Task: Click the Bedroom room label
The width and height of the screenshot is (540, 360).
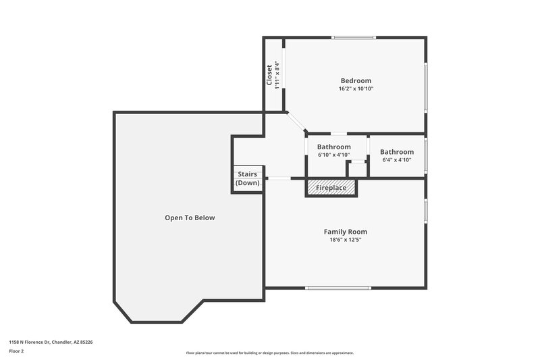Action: pos(355,80)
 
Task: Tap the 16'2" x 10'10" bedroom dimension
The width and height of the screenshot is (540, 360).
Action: pos(355,88)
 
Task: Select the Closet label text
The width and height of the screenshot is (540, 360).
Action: pos(269,74)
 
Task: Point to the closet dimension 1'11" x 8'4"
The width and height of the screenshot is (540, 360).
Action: pos(276,74)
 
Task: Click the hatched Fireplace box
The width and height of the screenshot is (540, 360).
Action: pos(331,187)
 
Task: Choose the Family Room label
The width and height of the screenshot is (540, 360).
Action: pos(346,232)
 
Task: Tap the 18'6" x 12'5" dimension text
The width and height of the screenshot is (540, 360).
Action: pos(346,240)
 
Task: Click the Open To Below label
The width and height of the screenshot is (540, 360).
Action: pos(190,217)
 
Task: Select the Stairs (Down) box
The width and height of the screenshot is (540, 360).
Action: pos(247,179)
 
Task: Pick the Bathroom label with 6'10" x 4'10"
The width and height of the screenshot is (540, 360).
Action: pos(334,147)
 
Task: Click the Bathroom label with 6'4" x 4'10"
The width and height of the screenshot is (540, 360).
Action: pos(397,152)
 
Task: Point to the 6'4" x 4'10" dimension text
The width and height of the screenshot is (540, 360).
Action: pos(397,160)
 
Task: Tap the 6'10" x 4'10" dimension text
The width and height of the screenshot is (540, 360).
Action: pos(334,155)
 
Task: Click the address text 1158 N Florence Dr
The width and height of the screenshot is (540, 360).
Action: pos(51,342)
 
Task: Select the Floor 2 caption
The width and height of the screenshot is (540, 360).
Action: pos(16,351)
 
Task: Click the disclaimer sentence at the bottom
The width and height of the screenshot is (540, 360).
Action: pos(270,353)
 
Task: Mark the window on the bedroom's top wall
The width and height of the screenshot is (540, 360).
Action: pos(354,37)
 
